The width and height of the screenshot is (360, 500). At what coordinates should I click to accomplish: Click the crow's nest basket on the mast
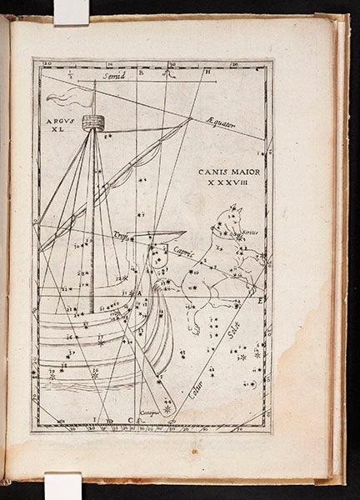coord(92,122)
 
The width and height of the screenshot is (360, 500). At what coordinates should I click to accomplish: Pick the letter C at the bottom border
coord(130,419)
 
